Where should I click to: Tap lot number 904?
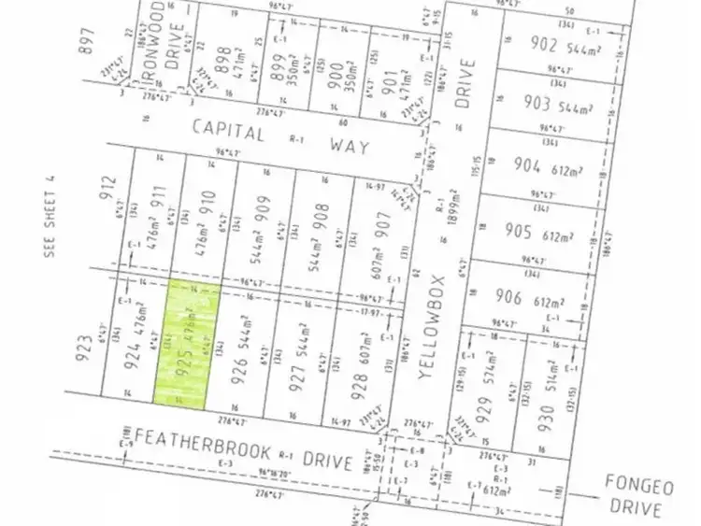[529, 166]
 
